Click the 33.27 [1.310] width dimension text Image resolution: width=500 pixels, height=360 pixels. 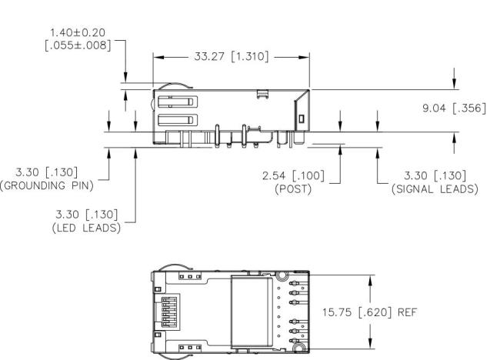[232, 56]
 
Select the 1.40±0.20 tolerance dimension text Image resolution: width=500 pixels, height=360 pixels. [78, 32]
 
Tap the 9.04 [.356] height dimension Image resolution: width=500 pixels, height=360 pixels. [454, 108]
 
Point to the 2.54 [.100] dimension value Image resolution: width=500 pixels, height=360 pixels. [293, 175]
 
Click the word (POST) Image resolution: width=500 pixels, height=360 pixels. [293, 189]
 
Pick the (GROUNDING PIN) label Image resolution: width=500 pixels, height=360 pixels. [47, 185]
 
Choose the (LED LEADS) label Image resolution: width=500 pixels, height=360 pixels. [86, 228]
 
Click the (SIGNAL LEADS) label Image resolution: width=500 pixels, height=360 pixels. [435, 189]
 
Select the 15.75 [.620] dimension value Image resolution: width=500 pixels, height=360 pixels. [356, 312]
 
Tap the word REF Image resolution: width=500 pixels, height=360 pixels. [407, 312]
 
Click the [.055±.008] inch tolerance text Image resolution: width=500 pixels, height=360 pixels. [78, 45]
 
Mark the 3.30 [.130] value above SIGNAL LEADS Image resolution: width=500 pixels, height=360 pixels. [435, 175]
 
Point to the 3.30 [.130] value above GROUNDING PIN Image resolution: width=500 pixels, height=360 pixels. [47, 172]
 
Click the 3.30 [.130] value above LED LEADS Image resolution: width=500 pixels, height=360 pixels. [86, 215]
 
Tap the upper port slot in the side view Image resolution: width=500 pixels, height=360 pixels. [178, 102]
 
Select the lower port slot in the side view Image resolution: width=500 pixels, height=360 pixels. [178, 120]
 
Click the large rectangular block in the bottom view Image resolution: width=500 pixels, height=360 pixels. [252, 312]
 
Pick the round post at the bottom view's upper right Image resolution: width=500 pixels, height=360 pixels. [282, 276]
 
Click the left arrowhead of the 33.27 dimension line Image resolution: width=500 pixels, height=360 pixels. [158, 58]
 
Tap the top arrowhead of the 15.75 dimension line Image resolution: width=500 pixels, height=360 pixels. [370, 281]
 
